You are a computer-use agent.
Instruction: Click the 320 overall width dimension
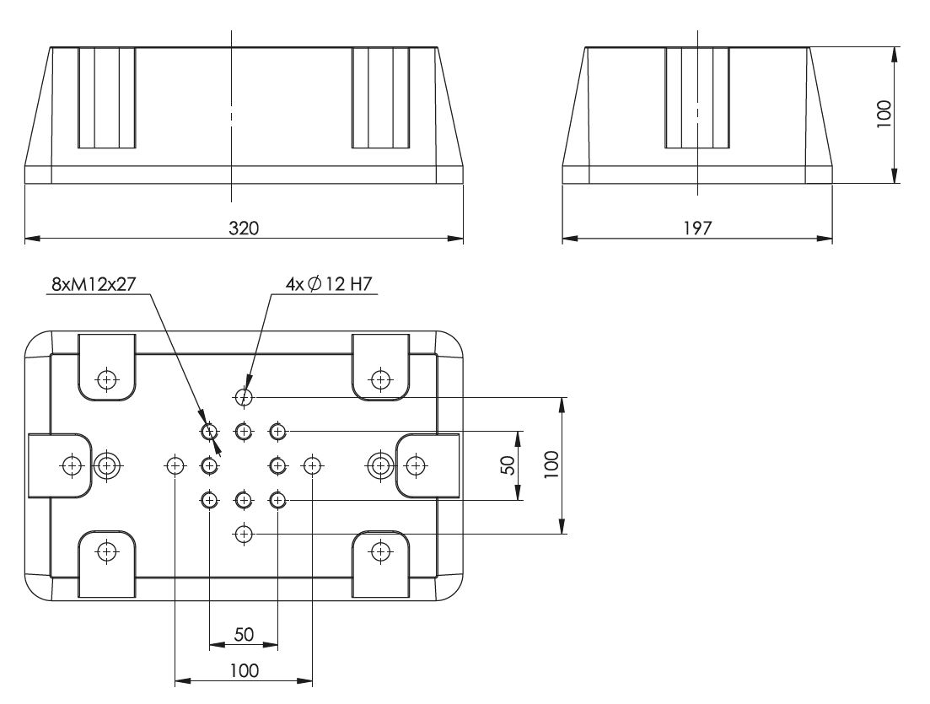pos(244,228)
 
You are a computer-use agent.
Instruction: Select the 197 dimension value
pos(697,228)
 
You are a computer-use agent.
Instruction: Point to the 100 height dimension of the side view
pos(884,114)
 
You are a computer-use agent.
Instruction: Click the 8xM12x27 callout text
pos(94,284)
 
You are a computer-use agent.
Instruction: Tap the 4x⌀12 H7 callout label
pos(329,284)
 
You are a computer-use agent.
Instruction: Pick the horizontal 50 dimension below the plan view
pos(244,635)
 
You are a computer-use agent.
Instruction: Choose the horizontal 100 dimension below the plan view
pos(244,670)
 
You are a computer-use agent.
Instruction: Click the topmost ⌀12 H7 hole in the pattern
pos(244,397)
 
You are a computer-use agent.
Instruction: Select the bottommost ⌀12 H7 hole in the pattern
pos(244,535)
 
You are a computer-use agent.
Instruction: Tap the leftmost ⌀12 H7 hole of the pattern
pos(175,465)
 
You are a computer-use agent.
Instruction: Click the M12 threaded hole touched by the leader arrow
pos(209,431)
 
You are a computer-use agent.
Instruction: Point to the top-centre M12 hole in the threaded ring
pos(244,431)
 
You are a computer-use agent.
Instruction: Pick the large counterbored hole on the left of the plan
pos(107,465)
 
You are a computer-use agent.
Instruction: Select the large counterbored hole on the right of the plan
pos(380,465)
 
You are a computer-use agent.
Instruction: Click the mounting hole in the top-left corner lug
pos(107,379)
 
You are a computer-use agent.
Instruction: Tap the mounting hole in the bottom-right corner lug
pos(380,551)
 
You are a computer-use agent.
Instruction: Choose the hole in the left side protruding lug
pos(73,465)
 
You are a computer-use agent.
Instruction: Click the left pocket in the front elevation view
pos(107,98)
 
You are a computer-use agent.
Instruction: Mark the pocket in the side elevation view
pos(697,98)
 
